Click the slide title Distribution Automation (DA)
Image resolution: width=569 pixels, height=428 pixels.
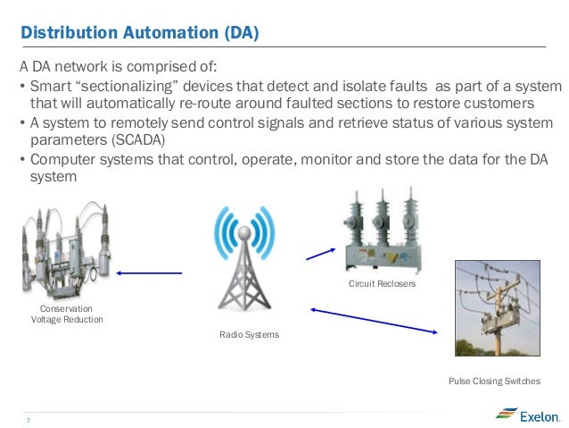(x=139, y=34)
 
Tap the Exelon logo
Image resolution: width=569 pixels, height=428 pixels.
(x=528, y=415)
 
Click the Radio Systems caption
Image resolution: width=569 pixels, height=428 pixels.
(x=250, y=334)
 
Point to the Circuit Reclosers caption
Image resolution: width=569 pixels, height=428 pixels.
(x=383, y=283)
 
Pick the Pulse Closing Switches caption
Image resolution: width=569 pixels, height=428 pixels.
(x=494, y=382)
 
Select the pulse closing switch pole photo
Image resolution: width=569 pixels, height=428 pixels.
(x=497, y=307)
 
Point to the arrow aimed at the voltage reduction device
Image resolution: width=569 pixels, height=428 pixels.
(x=150, y=273)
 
